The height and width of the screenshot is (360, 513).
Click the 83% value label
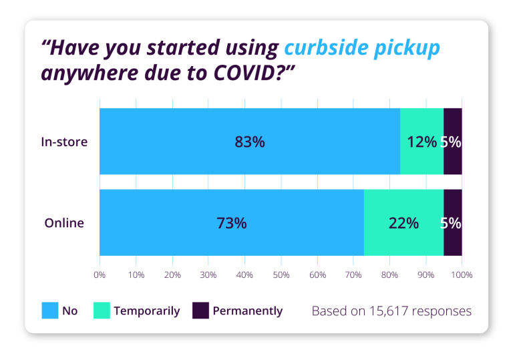click(250, 142)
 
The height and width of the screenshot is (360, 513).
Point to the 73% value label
click(232, 223)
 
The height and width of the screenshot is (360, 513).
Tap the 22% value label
click(403, 223)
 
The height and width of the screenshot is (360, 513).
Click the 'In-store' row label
click(64, 142)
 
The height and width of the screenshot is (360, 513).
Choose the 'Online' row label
click(64, 223)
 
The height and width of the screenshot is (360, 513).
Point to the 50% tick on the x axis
click(281, 275)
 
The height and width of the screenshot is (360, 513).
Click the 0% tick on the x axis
click(100, 275)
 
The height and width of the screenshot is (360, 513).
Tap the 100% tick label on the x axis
click(462, 275)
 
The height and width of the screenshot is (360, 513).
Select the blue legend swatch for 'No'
click(50, 311)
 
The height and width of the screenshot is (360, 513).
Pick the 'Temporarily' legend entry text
click(147, 311)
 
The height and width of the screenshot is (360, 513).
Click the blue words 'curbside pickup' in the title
click(362, 48)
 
